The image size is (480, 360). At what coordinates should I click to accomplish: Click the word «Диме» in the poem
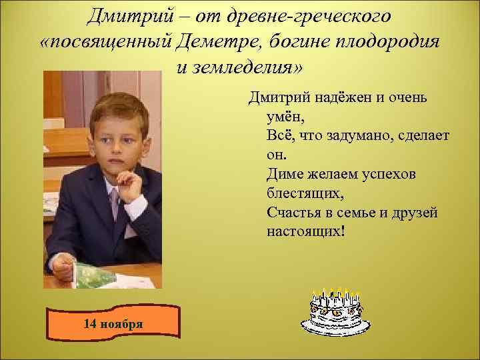tap(283, 175)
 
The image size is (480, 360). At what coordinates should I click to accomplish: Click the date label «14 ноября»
tap(113, 324)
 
